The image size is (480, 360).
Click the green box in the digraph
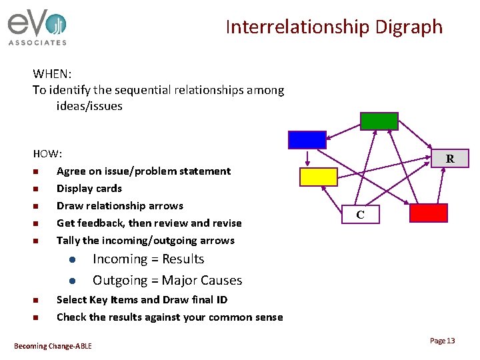379,121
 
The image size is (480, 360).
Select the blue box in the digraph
307,139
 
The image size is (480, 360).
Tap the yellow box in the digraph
319,177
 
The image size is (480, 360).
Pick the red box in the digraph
428,213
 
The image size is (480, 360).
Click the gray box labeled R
450,158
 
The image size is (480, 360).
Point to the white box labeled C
360,215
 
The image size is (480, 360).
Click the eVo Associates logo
37,29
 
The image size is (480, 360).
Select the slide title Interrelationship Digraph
333,27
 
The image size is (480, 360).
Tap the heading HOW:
47,153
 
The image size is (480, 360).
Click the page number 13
442,341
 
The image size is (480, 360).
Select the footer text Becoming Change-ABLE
53,345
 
